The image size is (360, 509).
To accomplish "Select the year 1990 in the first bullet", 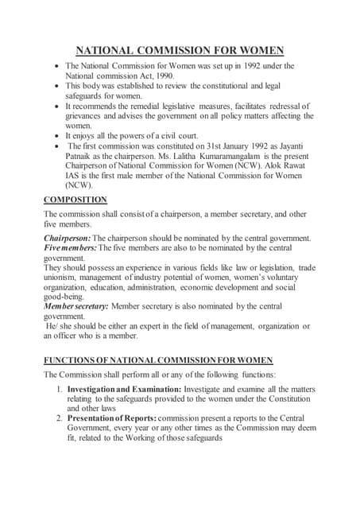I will click(x=184, y=75).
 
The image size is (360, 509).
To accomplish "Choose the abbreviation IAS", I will click(x=72, y=177).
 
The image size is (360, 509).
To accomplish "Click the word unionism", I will click(x=61, y=278).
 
